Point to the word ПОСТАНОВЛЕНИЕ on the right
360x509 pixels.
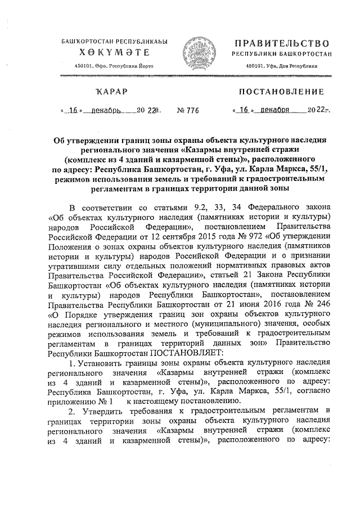pos(282,91)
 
